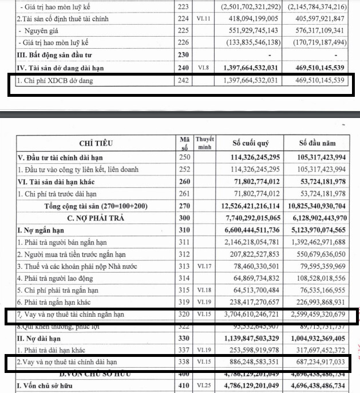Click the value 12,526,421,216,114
point(248,206)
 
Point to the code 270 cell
point(183,206)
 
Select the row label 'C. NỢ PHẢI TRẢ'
point(96,218)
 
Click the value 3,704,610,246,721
point(248,315)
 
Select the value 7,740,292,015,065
point(248,218)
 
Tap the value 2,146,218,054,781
point(248,242)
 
